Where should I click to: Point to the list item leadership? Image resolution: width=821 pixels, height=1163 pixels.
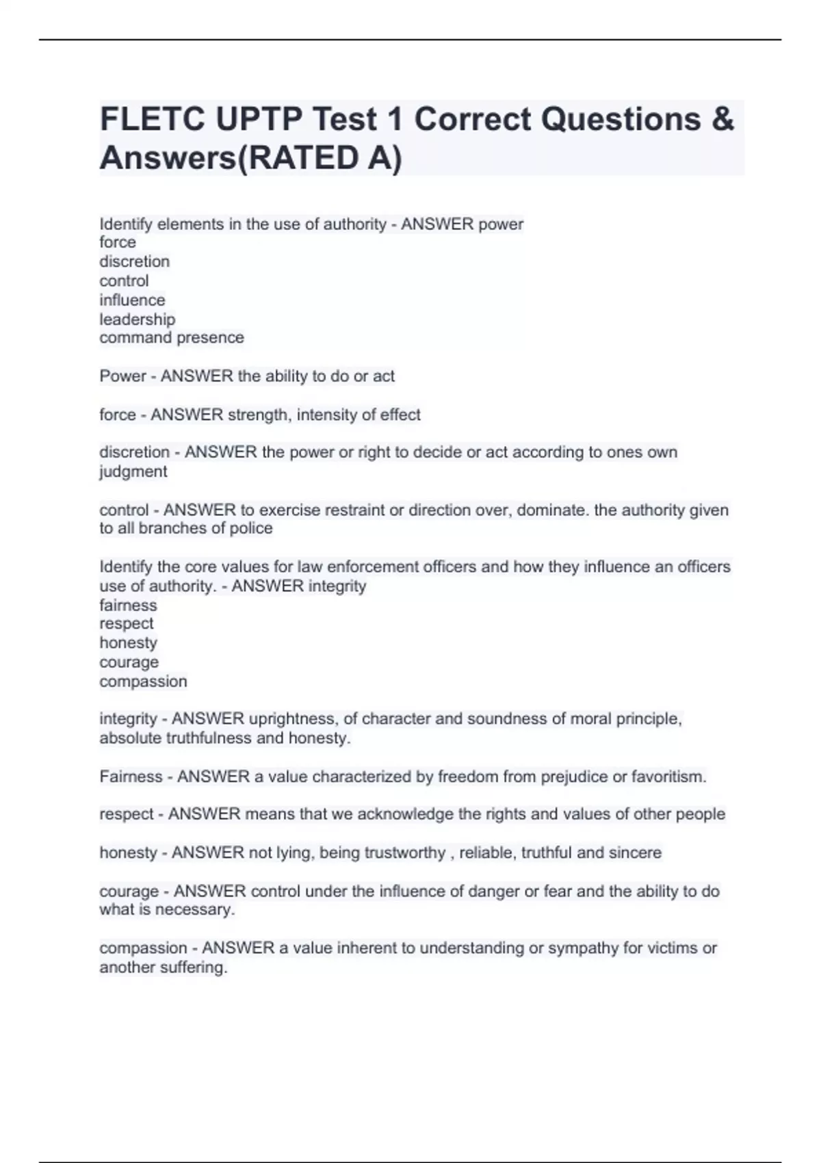(x=137, y=319)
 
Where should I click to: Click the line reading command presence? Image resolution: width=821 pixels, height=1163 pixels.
(x=172, y=338)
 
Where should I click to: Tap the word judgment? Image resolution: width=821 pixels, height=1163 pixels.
(x=133, y=472)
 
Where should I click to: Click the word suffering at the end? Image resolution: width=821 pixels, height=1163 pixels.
(x=195, y=968)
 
